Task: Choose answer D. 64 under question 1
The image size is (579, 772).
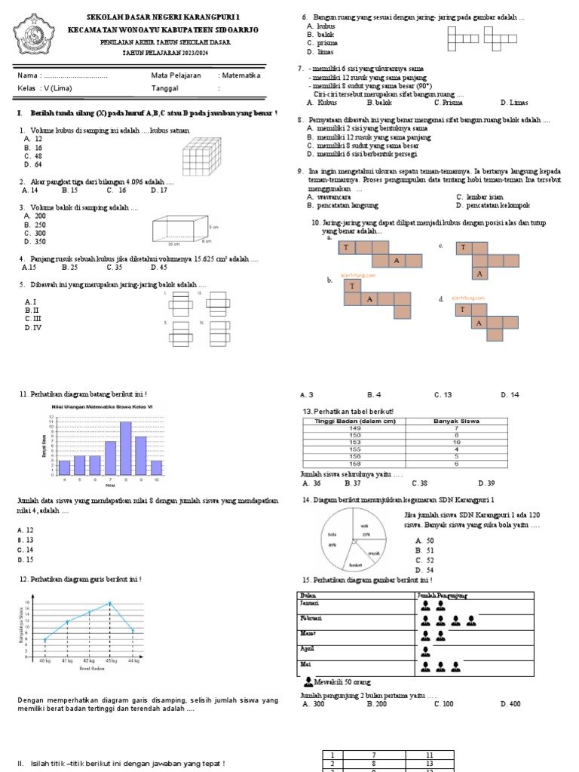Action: click(33, 164)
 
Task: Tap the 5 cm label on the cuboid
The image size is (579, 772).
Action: click(214, 226)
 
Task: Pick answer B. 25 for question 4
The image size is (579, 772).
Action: click(70, 267)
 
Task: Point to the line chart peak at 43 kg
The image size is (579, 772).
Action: click(110, 602)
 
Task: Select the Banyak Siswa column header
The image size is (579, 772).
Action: click(455, 421)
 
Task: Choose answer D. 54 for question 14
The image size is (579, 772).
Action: click(424, 570)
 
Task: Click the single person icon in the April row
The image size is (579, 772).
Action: click(427, 651)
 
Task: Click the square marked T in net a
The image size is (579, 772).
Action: click(347, 247)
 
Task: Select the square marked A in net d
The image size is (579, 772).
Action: click(478, 323)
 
